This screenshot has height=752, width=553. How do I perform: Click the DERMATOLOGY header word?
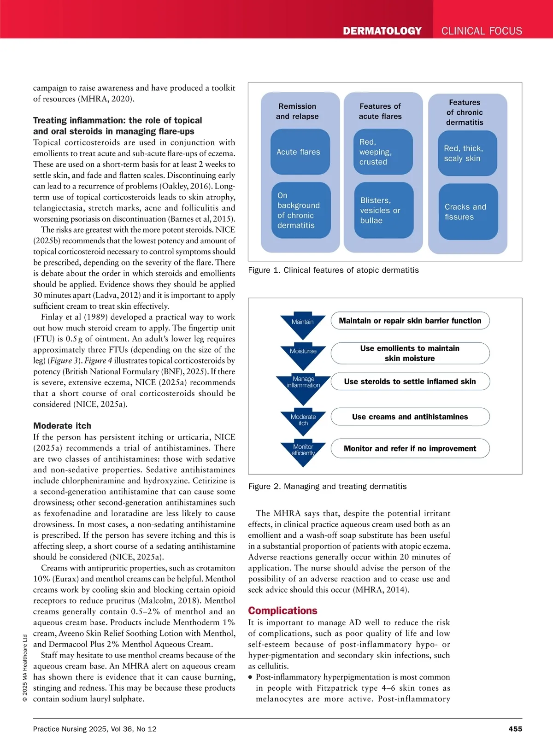click(x=382, y=31)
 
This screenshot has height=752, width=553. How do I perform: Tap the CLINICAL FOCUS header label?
click(x=482, y=31)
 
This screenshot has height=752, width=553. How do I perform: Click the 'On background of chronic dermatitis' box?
click(x=300, y=211)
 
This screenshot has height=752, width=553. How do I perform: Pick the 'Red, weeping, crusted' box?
click(x=383, y=152)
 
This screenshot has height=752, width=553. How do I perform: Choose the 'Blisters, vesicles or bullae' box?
click(x=383, y=211)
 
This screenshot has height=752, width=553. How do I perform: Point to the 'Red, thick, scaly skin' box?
click(x=467, y=153)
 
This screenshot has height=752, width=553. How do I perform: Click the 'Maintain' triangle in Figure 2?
click(x=303, y=325)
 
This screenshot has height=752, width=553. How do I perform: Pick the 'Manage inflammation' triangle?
click(x=303, y=386)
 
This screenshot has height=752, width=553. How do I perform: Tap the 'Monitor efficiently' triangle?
click(x=303, y=452)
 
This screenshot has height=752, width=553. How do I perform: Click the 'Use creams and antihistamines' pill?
click(x=410, y=417)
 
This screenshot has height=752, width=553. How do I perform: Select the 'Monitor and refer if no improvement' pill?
click(x=410, y=448)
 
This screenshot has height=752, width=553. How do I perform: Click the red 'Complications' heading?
click(x=282, y=611)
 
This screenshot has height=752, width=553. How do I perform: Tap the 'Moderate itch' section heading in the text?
click(x=62, y=426)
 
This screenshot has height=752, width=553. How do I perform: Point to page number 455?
click(x=515, y=728)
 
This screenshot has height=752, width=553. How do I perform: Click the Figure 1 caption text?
click(x=333, y=270)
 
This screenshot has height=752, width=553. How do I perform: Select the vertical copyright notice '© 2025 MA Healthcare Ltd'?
click(x=25, y=668)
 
